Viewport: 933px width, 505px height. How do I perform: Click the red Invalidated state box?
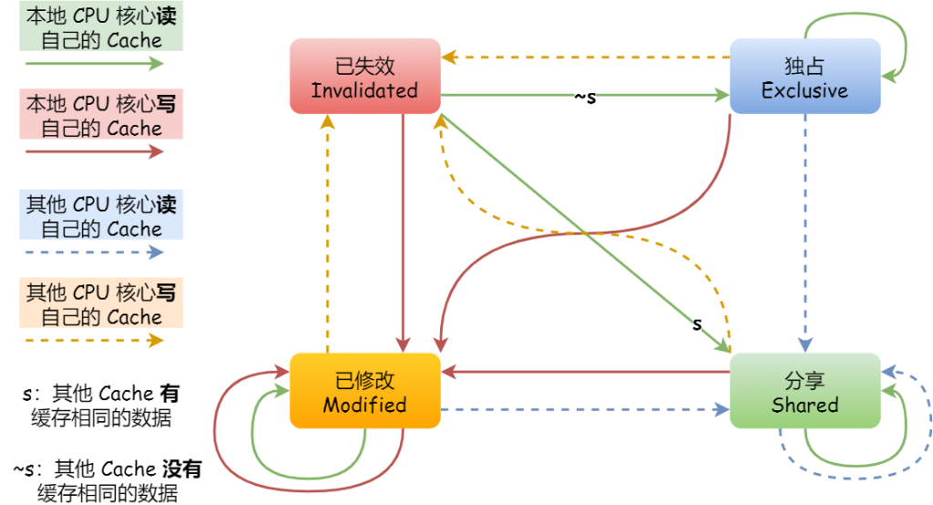coord(364,76)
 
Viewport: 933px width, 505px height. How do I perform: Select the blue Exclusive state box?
coord(805,76)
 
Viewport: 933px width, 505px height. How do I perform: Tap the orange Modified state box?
coord(364,390)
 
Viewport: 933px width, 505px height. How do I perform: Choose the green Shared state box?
coord(805,390)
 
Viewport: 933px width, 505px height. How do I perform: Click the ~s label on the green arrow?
coord(585,96)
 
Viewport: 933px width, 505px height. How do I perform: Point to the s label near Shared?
coord(697,324)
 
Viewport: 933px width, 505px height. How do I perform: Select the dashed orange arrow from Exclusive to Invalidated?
coord(583,57)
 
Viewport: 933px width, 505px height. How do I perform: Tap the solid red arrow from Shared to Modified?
coord(583,371)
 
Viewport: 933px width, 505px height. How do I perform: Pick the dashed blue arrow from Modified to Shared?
coord(583,409)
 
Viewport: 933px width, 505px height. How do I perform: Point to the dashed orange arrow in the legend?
coord(95,340)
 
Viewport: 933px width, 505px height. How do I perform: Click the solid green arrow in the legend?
coord(95,64)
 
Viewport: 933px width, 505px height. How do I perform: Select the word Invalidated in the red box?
coord(364,90)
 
